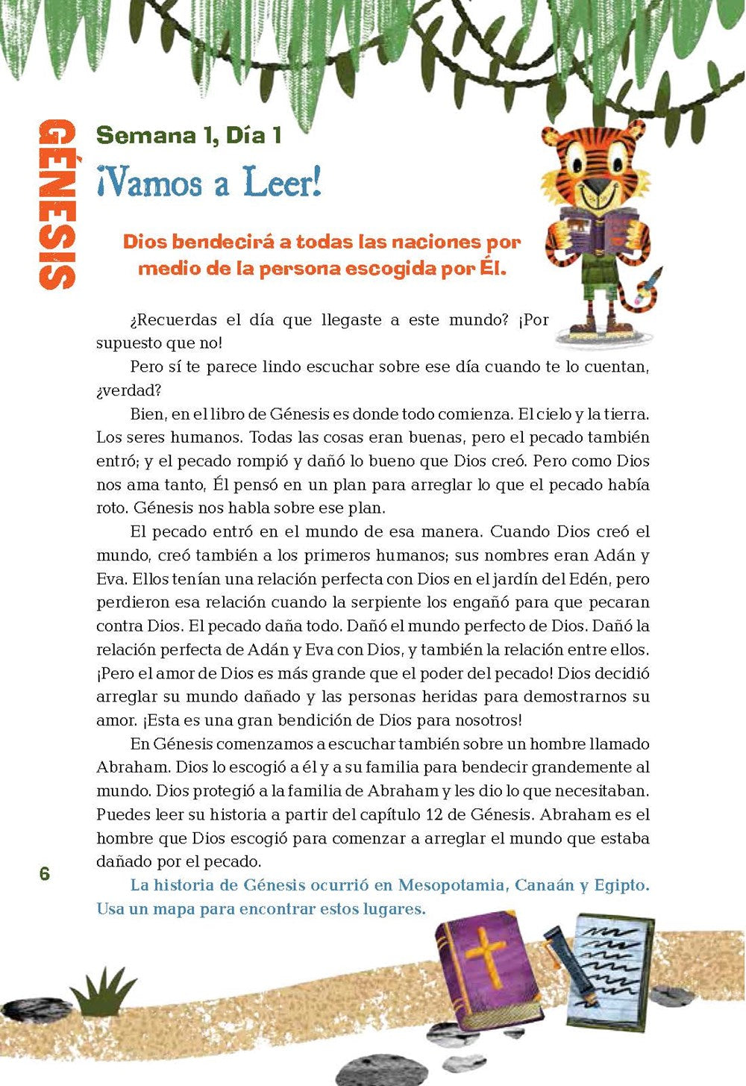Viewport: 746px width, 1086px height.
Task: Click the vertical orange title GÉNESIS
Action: [57, 204]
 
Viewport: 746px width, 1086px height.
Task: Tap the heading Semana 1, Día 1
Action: [189, 135]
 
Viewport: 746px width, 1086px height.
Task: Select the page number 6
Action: [45, 873]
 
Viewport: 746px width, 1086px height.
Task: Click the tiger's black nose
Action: [595, 186]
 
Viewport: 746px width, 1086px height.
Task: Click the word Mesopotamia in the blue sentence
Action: [451, 885]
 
